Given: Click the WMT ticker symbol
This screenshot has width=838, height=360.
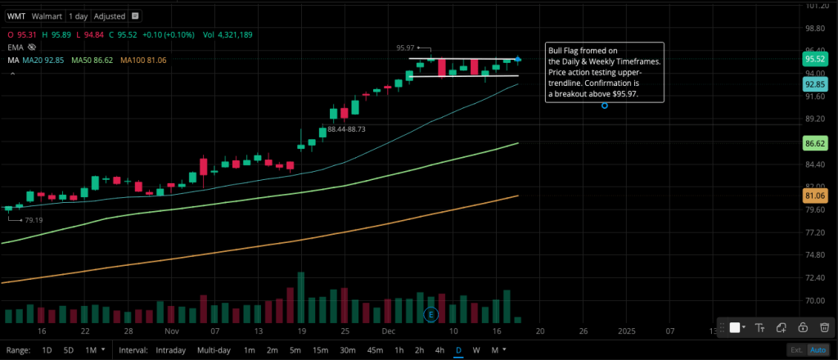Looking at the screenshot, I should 16,16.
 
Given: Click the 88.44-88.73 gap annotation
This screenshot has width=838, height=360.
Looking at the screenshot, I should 345,129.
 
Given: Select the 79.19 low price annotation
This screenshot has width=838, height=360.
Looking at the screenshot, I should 33,220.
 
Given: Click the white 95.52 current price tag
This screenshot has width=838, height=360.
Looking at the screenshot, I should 813,59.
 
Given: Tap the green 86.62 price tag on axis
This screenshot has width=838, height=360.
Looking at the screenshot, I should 813,143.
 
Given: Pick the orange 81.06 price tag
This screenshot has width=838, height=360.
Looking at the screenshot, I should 813,196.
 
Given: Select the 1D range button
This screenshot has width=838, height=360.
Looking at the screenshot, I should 47,350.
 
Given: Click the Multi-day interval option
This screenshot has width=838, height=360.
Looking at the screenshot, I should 213,350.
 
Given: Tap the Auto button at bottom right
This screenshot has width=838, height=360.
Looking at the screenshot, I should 818,350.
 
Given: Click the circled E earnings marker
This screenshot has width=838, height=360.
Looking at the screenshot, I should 431,314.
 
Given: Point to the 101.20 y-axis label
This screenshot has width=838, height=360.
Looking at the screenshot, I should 813,7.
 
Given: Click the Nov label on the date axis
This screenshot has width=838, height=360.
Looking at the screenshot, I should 170,332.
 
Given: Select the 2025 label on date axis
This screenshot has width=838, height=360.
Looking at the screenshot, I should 627,332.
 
